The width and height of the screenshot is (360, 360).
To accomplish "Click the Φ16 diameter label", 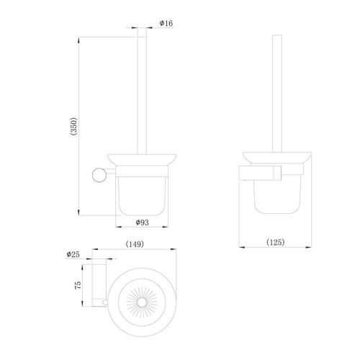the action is coord(166,23).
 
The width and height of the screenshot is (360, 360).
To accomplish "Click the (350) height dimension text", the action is coord(73,126).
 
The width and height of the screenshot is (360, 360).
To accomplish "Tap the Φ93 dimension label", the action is coord(143,222).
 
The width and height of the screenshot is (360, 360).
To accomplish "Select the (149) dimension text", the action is coord(135,244).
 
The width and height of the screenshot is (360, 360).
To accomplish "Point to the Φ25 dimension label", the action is coord(73,254).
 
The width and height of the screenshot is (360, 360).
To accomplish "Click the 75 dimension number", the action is coord(78,285).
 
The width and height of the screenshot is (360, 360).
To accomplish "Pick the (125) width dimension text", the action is coord(276,242).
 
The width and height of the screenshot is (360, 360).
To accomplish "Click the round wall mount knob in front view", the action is coord(99,175).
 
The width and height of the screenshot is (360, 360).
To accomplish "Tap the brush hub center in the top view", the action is coord(142,302).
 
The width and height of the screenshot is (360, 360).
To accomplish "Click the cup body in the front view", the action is coord(142,196).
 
